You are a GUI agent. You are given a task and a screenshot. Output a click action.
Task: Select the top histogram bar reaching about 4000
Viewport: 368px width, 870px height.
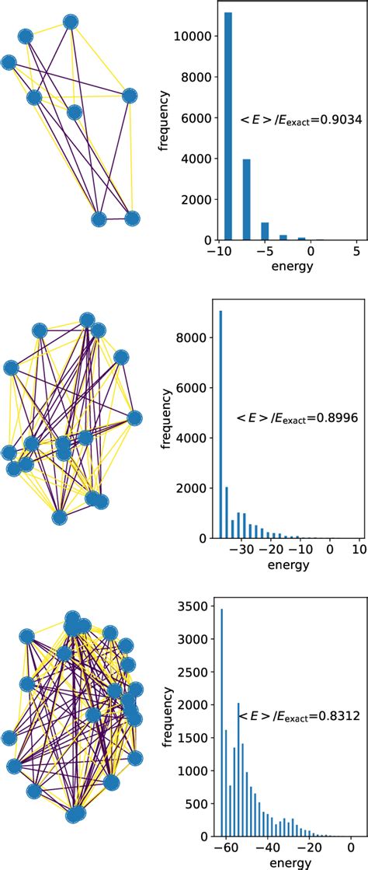[x=245, y=200]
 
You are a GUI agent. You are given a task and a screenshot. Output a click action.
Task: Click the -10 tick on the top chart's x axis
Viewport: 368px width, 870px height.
[x=220, y=252]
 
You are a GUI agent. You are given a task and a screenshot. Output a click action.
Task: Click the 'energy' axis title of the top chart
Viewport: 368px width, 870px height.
[x=286, y=267]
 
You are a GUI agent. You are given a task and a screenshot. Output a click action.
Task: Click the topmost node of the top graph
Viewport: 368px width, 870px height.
[x=71, y=22]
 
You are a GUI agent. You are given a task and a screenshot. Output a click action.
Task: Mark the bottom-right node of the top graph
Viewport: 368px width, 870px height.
[x=132, y=218]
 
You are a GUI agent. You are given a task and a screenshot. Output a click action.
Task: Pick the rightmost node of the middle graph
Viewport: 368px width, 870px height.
[x=134, y=418]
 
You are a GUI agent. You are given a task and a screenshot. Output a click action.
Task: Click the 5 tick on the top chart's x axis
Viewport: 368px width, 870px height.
[x=356, y=252]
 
